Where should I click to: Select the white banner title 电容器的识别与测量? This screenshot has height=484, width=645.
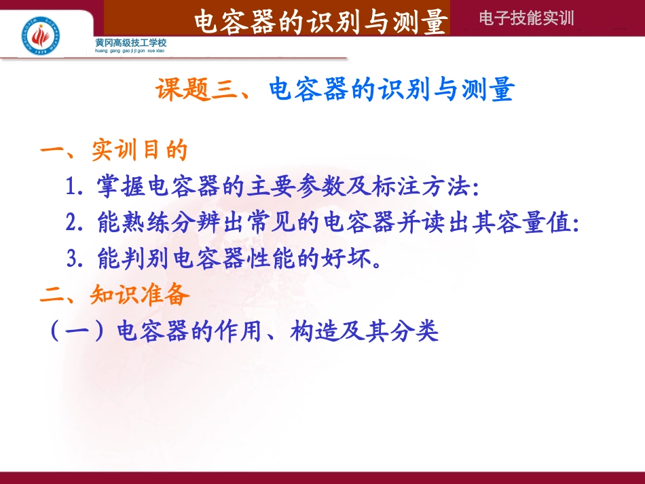pos(320,21)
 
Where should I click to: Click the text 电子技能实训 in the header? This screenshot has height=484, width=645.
pos(526,18)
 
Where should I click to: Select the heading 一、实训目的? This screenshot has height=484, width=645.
pos(113,151)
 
